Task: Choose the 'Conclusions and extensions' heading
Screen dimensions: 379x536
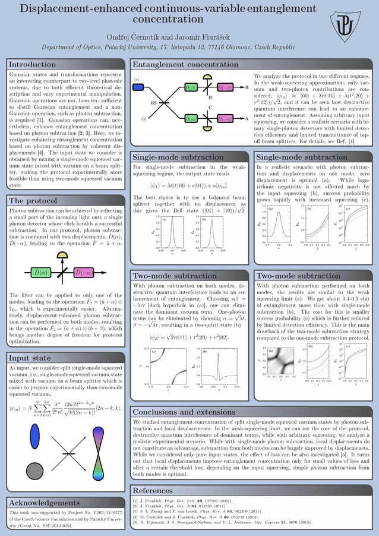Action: coord(185,412)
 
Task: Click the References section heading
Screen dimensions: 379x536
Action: coord(153,490)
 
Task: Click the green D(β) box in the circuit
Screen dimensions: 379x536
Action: coord(191,87)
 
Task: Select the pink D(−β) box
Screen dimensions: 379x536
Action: coord(225,87)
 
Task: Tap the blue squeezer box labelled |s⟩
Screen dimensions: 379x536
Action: coord(138,87)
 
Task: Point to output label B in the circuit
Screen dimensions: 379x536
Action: coord(247,87)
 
